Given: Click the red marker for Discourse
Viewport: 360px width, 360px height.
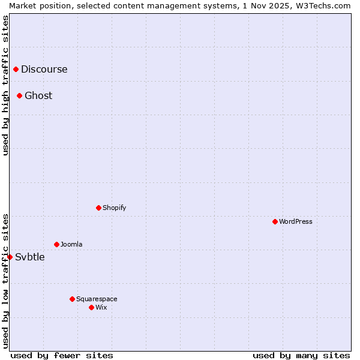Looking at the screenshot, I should pyautogui.click(x=16, y=69).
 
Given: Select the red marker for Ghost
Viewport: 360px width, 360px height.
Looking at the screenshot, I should pyautogui.click(x=20, y=95).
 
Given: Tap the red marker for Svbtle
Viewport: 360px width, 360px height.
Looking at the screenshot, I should pyautogui.click(x=10, y=257).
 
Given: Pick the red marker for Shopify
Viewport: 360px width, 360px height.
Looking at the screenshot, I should pyautogui.click(x=98, y=208).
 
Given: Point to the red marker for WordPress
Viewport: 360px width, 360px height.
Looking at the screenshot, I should pyautogui.click(x=275, y=221).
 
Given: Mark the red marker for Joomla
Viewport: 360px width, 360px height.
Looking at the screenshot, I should pyautogui.click(x=56, y=244).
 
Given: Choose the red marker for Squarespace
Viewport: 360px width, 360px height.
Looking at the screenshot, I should pyautogui.click(x=72, y=299).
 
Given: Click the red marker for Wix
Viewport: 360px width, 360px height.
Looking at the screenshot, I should pyautogui.click(x=91, y=307).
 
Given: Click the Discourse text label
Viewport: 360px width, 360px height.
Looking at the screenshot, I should pyautogui.click(x=44, y=69).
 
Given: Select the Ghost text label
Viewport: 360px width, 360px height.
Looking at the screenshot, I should pyautogui.click(x=38, y=95).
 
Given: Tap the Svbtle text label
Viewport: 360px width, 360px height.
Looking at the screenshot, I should pyautogui.click(x=30, y=257).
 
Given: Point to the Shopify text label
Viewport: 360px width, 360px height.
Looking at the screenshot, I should pyautogui.click(x=115, y=208).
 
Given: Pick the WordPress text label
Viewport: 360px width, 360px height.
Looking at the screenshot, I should pyautogui.click(x=296, y=221).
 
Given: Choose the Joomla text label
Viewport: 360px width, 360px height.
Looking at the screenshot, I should pyautogui.click(x=71, y=244).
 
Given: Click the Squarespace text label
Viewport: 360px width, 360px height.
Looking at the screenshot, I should pyautogui.click(x=97, y=299).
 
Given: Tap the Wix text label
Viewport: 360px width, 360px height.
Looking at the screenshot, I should pyautogui.click(x=101, y=307).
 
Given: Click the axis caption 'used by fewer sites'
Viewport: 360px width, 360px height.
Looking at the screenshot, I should pyautogui.click(x=62, y=355).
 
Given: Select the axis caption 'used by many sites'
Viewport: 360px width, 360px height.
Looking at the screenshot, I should pyautogui.click(x=301, y=355).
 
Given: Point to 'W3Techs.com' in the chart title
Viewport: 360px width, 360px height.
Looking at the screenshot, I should pyautogui.click(x=326, y=5).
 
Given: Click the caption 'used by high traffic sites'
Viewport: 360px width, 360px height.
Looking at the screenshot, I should pyautogui.click(x=5, y=85).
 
